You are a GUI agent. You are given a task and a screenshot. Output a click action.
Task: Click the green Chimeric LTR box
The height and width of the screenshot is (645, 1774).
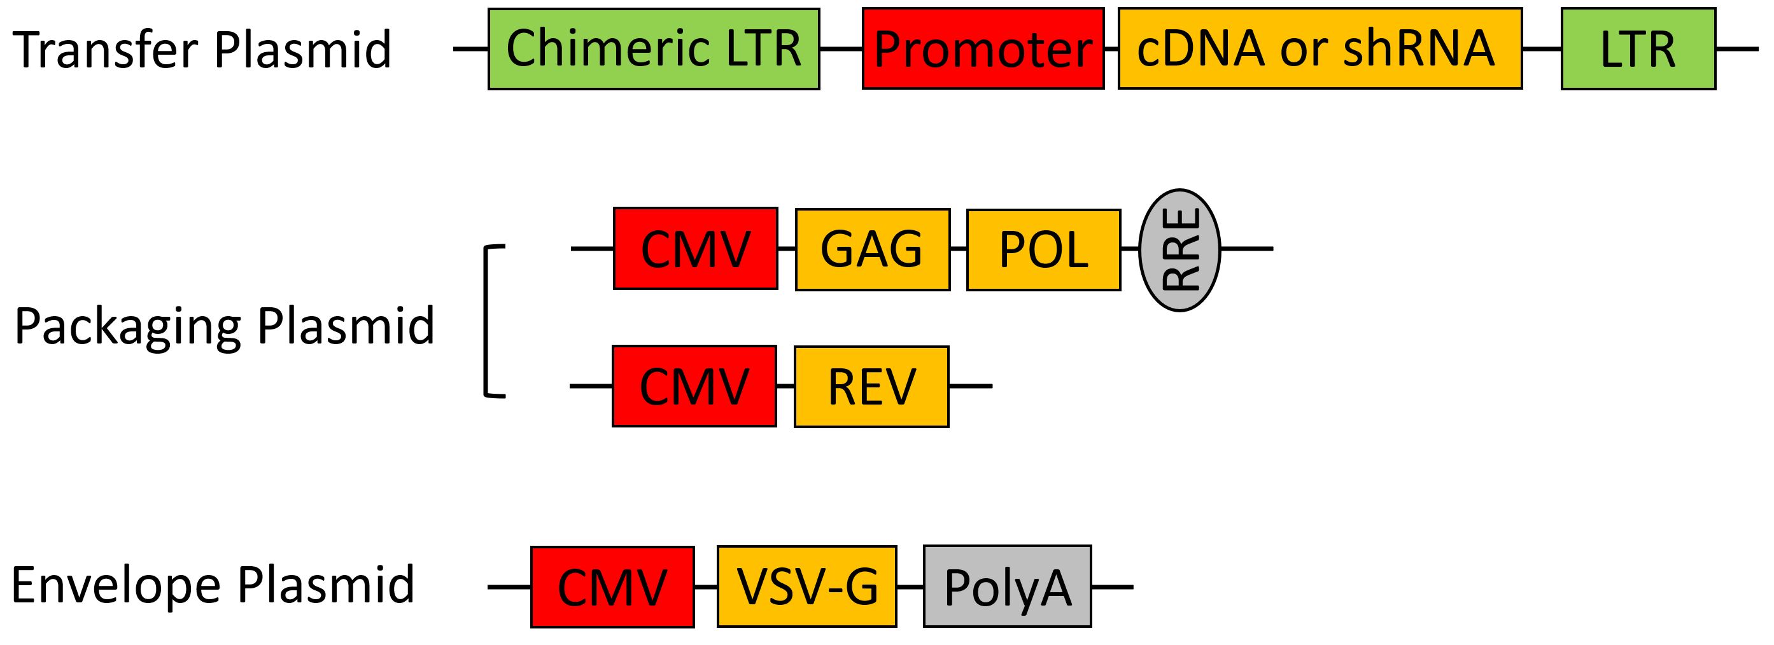(654, 49)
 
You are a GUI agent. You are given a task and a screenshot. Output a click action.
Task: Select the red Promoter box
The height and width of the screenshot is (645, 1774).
(983, 49)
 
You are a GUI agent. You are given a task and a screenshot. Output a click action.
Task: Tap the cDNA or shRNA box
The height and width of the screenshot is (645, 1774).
(1320, 49)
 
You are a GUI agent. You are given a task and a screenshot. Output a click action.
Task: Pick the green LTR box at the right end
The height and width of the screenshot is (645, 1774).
(1638, 49)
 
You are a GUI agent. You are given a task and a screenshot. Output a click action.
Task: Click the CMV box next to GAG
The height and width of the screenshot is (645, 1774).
(696, 249)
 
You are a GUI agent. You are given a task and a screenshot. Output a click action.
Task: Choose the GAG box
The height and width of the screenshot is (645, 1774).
(873, 249)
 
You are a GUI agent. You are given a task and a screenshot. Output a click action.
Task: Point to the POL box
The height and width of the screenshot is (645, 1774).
(1043, 249)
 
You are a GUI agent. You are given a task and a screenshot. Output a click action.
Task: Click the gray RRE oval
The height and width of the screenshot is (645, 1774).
(1179, 250)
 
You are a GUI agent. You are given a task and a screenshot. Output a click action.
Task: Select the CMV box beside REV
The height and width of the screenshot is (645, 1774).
(694, 386)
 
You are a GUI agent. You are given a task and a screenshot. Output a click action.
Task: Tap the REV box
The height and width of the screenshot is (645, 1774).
(871, 386)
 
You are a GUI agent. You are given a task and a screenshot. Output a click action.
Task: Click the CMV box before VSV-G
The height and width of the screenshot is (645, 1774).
(612, 587)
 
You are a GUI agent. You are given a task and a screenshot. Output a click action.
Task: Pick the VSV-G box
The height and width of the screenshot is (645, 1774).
(806, 587)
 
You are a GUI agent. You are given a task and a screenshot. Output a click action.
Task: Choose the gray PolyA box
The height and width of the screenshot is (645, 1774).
(1008, 587)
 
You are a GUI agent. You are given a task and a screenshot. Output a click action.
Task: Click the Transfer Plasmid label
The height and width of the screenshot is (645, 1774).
(202, 50)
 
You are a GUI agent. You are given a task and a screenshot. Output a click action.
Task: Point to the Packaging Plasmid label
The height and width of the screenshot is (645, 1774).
(225, 326)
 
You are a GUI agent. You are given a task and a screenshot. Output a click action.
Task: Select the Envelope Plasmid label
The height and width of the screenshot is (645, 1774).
(213, 585)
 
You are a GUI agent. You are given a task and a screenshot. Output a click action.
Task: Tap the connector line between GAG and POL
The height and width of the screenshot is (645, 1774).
(959, 249)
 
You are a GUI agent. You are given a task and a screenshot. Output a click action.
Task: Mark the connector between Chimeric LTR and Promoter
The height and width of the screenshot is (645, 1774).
(841, 49)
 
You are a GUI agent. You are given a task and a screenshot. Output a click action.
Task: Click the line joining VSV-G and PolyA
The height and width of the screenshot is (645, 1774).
(910, 587)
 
